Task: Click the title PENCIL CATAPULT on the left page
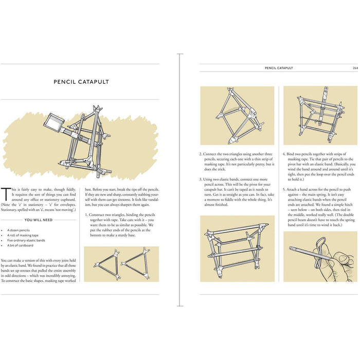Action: tap(81, 81)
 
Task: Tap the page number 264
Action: tap(355, 68)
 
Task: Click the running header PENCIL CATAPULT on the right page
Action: tap(279, 68)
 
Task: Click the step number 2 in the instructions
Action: tap(201, 154)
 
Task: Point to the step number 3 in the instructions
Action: tap(201, 178)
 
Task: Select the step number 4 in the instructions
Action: tap(284, 154)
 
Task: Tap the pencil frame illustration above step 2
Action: tap(237, 115)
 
